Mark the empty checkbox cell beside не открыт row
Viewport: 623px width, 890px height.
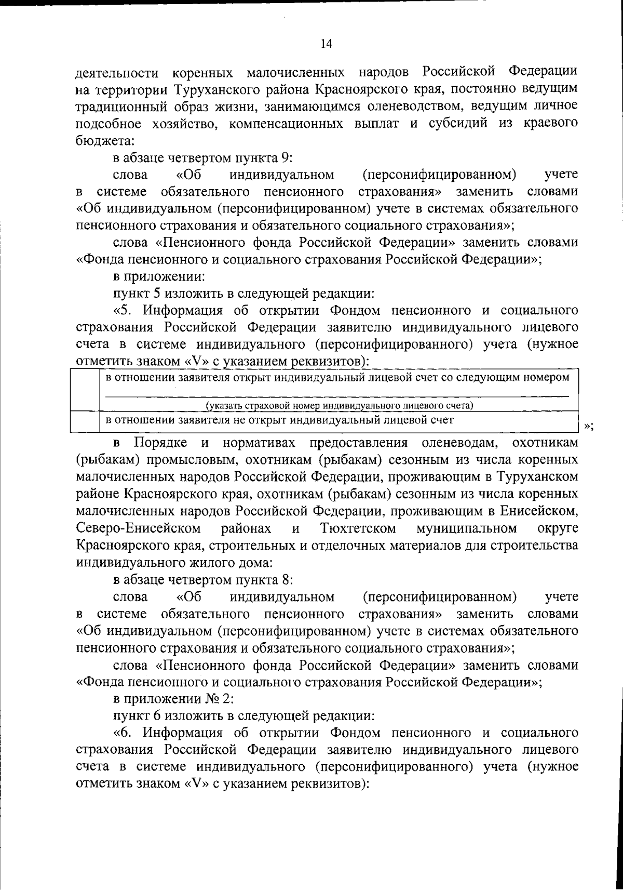85,421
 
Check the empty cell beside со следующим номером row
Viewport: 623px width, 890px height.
85,390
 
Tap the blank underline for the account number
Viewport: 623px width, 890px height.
337,396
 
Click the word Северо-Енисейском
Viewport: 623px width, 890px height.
139,529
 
